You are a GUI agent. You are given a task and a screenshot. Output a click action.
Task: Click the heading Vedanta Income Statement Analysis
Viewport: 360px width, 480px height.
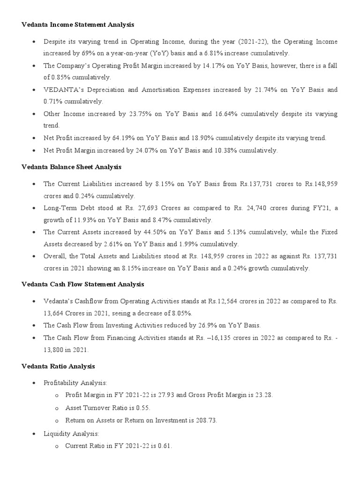[78, 24]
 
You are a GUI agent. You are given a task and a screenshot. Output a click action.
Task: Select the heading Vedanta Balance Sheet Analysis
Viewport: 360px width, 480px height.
[72, 167]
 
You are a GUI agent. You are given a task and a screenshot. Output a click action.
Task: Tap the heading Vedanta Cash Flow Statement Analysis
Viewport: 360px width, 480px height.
[83, 284]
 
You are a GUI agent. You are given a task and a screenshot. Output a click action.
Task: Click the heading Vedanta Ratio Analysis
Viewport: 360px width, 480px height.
[59, 366]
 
